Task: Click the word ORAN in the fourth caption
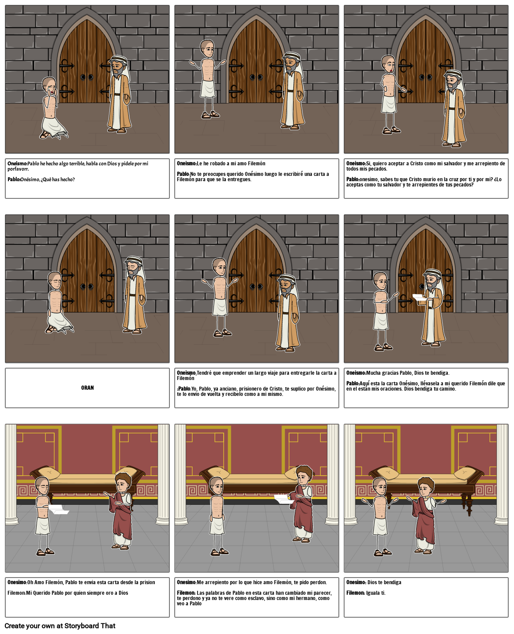(87, 388)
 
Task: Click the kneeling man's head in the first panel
(49, 86)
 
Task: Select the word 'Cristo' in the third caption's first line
(416, 164)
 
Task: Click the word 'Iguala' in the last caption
(373, 593)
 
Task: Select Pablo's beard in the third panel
(451, 87)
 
